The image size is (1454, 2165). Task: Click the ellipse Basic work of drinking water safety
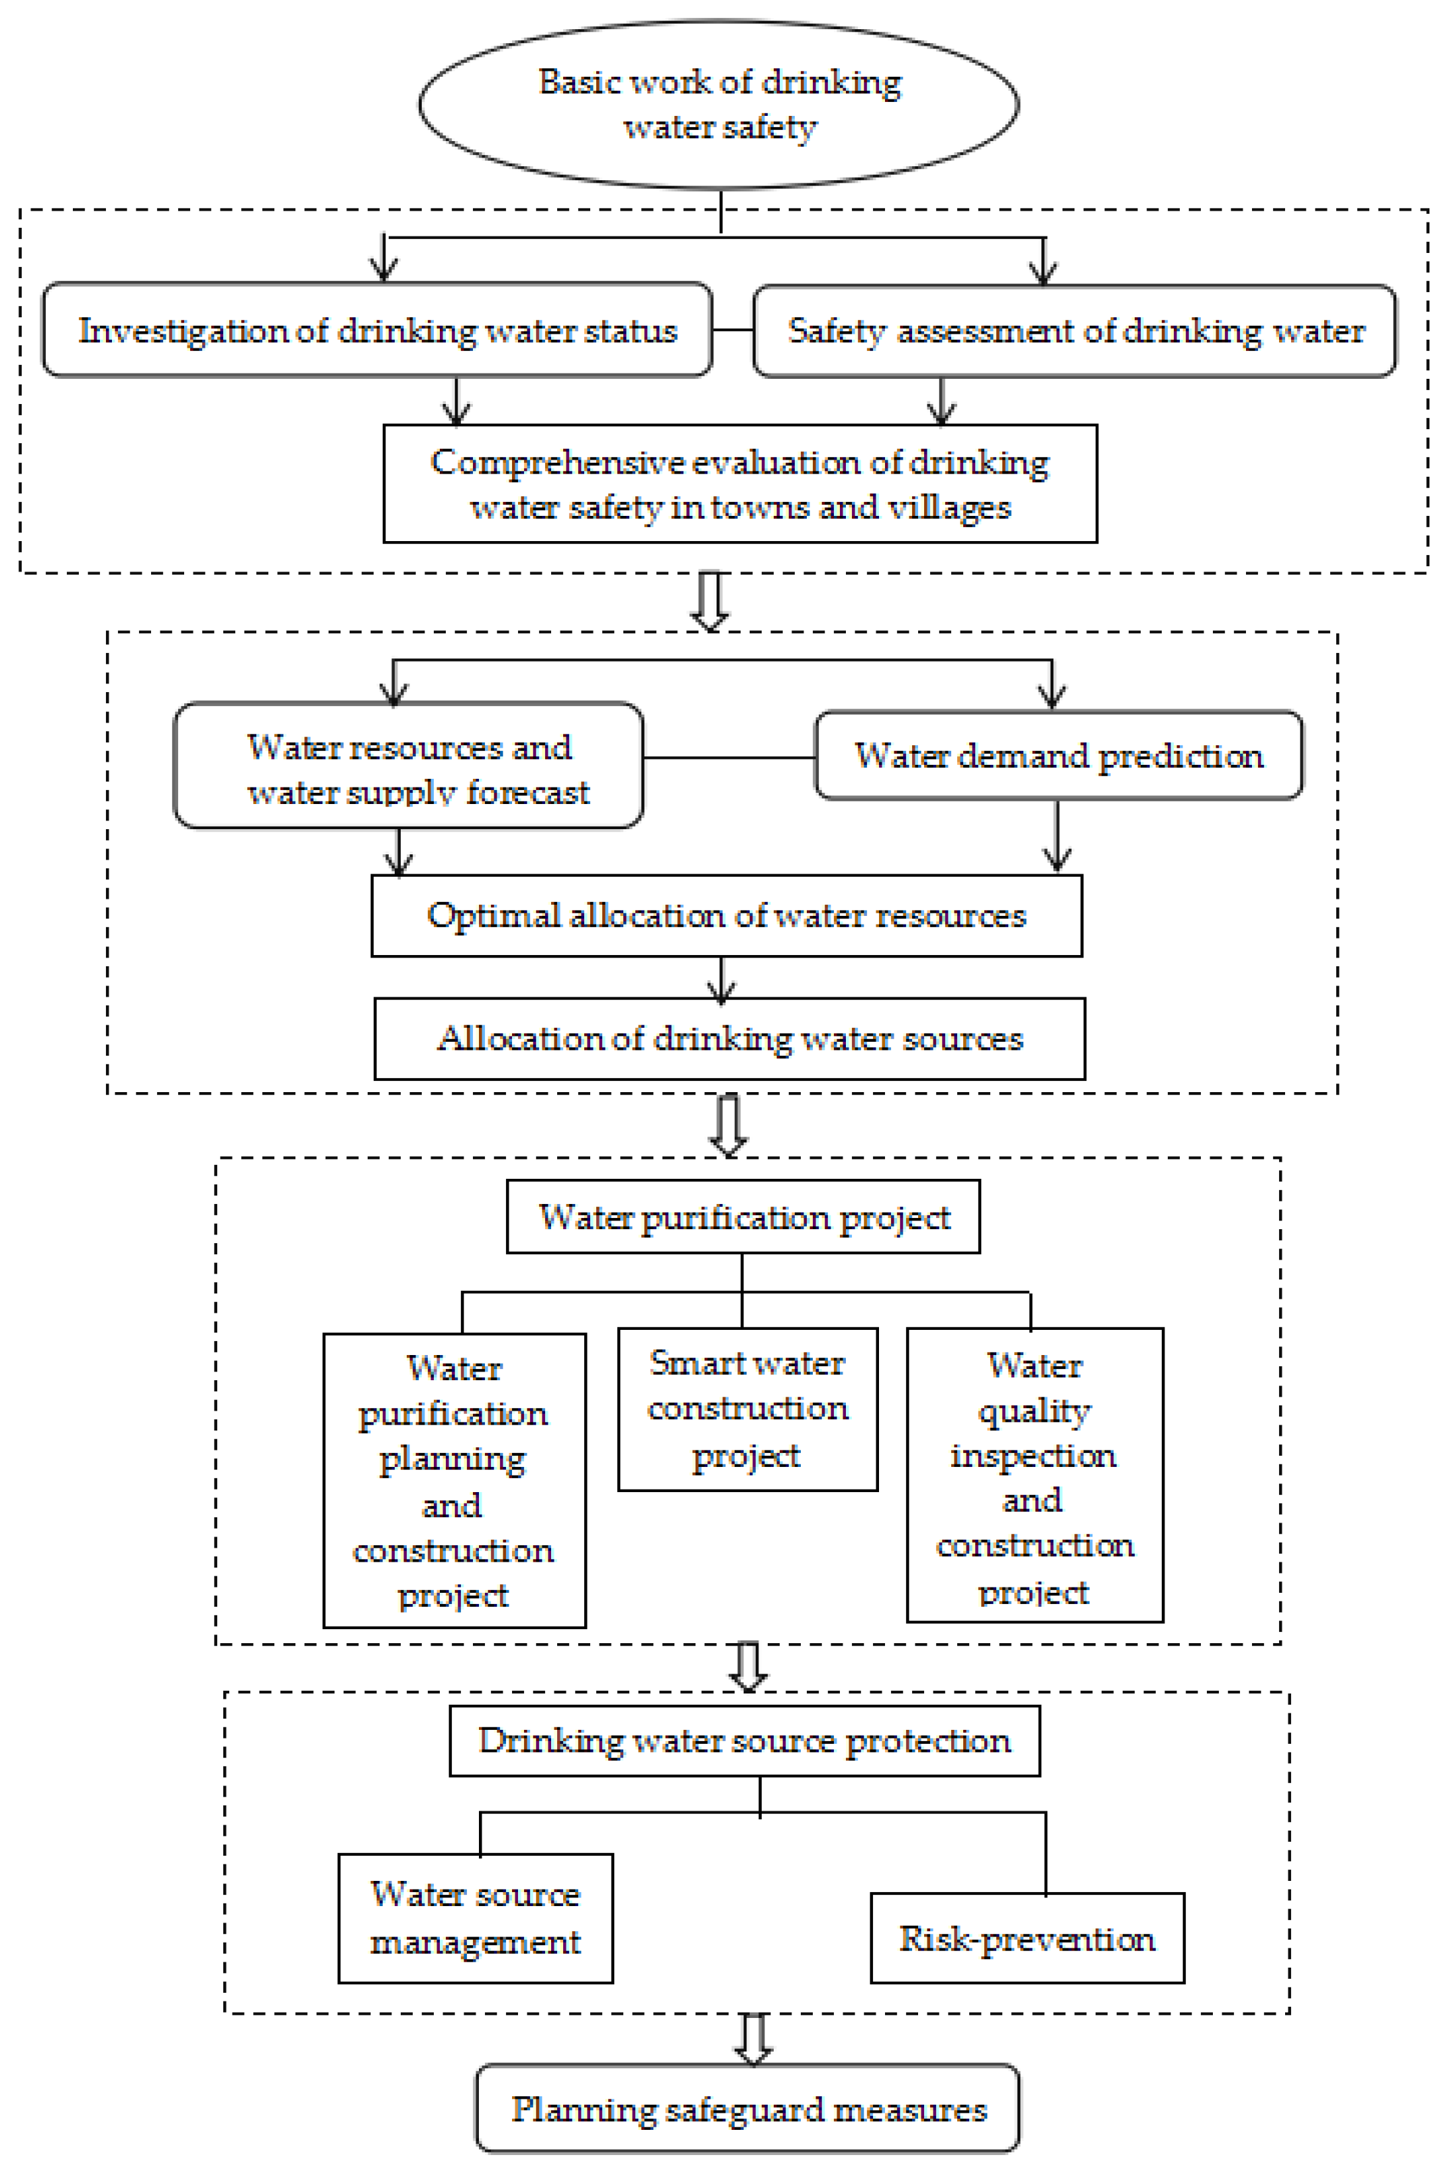coord(719,104)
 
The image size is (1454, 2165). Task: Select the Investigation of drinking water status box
coord(378,330)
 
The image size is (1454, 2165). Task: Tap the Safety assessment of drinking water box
coord(1074,330)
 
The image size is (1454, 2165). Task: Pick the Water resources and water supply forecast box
coord(408,765)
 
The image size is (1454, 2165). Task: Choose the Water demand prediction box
coord(1058,755)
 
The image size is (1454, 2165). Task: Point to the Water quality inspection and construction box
coord(1034,1474)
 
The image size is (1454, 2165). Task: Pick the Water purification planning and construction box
coord(454,1480)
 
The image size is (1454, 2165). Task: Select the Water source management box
coord(475,1917)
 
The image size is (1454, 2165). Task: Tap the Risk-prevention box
coord(1027,1937)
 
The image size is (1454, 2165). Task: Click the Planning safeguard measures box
coord(747,2107)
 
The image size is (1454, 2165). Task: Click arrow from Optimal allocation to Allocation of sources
coord(721,978)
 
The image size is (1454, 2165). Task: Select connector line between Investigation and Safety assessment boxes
coord(733,330)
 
